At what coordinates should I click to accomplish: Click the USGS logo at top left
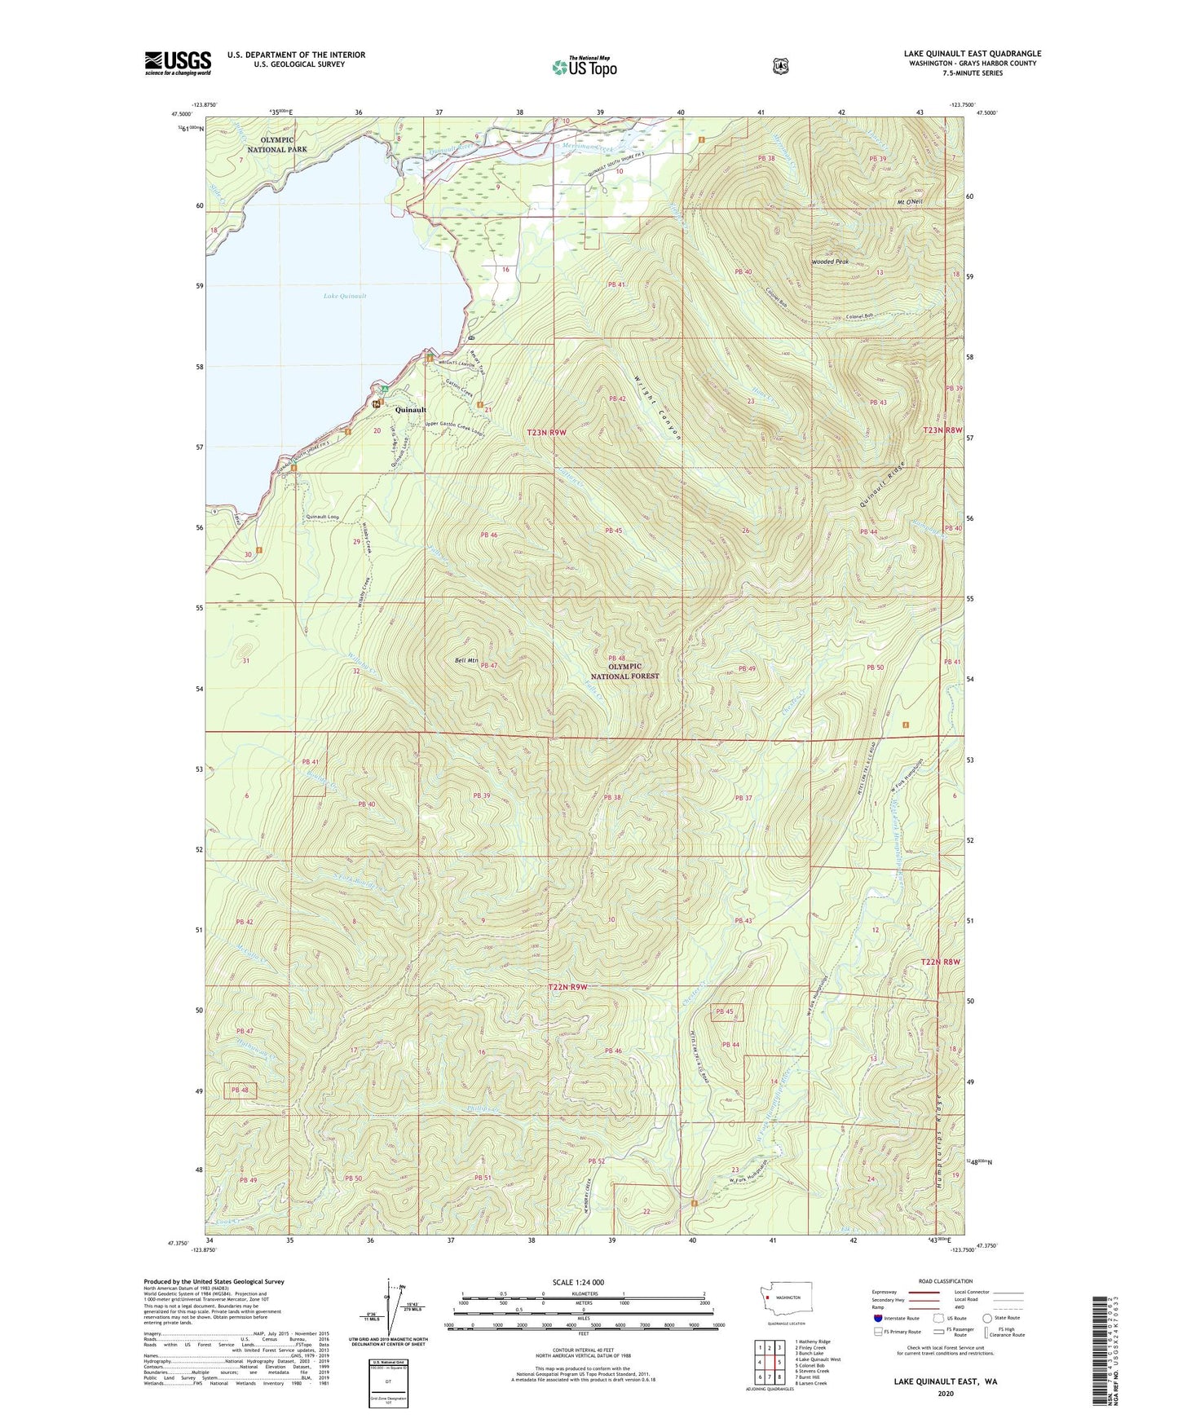pyautogui.click(x=178, y=63)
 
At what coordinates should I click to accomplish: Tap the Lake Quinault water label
pyautogui.click(x=344, y=296)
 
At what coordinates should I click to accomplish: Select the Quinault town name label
pyautogui.click(x=411, y=410)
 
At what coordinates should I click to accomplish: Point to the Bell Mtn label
pyautogui.click(x=466, y=660)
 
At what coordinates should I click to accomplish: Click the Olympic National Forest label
pyautogui.click(x=626, y=671)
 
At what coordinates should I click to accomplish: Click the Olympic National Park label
pyautogui.click(x=278, y=144)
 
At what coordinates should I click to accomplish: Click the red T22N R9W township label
pyautogui.click(x=568, y=987)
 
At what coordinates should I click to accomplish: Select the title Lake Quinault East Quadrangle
pyautogui.click(x=972, y=54)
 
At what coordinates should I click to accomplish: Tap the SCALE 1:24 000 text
pyautogui.click(x=577, y=1282)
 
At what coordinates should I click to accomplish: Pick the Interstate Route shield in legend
pyautogui.click(x=877, y=1317)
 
